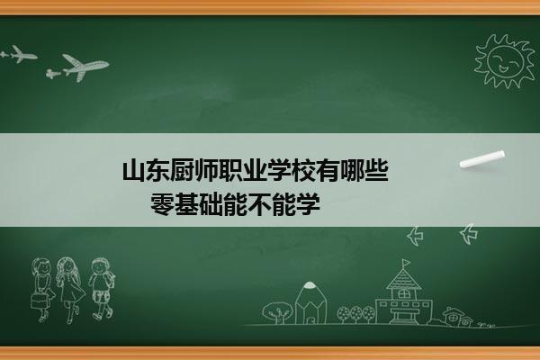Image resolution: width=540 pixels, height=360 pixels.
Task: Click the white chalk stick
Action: (482, 159)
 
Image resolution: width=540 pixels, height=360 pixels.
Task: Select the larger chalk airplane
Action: (77, 67)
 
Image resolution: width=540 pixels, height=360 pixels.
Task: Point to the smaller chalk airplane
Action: (19, 54)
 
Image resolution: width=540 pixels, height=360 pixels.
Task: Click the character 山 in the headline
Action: (134, 170)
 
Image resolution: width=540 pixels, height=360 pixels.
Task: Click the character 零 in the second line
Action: (162, 204)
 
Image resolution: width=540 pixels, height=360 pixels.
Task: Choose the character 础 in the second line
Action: (211, 204)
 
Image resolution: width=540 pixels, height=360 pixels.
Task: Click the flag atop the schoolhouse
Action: (407, 263)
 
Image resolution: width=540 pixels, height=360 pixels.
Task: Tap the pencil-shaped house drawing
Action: (310, 302)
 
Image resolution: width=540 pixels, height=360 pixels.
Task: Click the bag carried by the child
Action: (39, 301)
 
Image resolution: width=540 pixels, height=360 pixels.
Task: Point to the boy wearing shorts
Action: (101, 288)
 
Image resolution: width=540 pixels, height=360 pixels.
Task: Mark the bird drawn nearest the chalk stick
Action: (469, 234)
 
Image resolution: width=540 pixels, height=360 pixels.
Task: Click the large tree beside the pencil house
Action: (277, 312)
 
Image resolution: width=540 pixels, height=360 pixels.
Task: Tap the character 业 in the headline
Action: (256, 170)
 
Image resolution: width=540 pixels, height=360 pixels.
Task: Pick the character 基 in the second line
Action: (186, 204)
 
